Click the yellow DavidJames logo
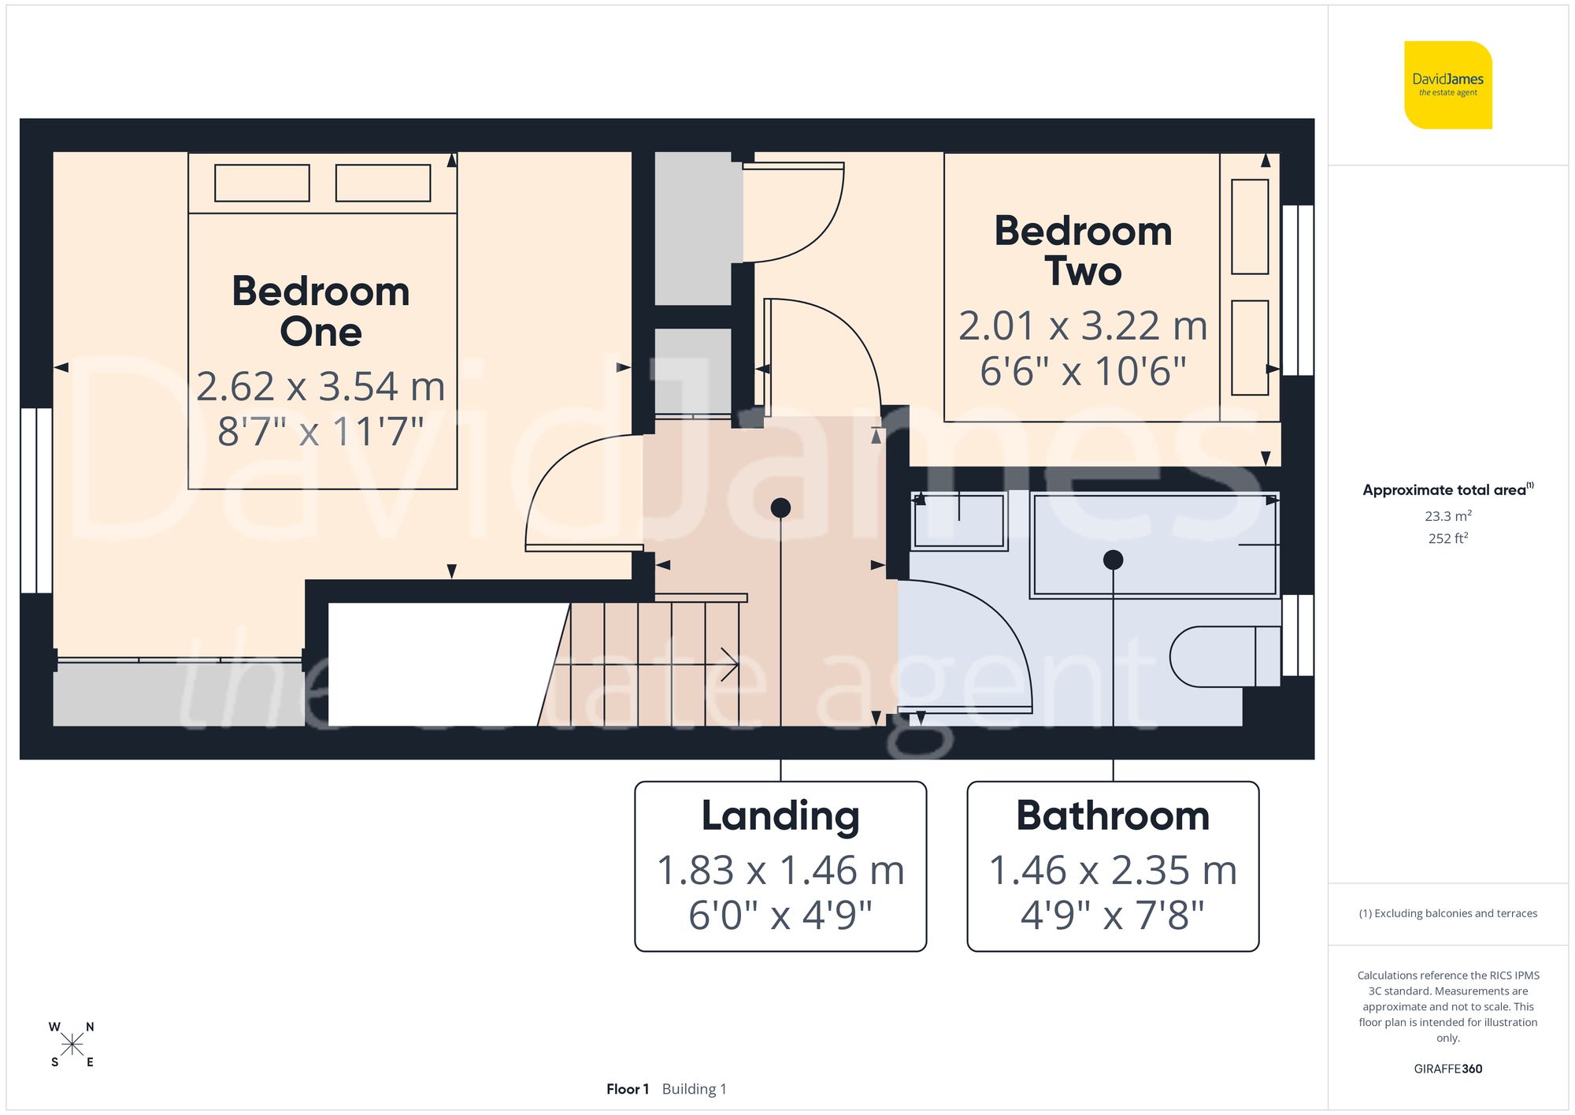(1447, 85)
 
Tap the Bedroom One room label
(321, 311)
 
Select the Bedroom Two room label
(1083, 251)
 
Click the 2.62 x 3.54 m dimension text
(321, 387)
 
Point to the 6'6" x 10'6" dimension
(1083, 371)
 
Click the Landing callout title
(780, 816)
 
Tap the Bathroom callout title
(1113, 816)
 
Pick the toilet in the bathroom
(1221, 656)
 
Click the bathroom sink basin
(959, 521)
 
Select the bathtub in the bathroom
(1154, 544)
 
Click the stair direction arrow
(728, 664)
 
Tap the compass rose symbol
(72, 1045)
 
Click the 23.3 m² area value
(1447, 516)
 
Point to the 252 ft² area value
(1447, 538)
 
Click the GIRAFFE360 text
(1447, 1069)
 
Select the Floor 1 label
(628, 1089)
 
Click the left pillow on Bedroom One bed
(262, 183)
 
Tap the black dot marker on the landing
(780, 508)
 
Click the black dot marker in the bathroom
(1113, 560)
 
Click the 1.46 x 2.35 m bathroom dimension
(1113, 871)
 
